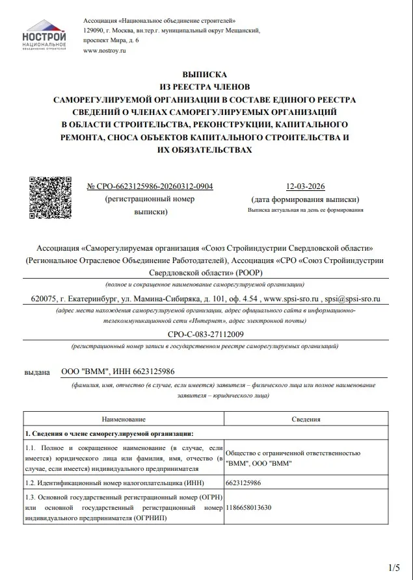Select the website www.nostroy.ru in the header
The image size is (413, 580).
(x=104, y=50)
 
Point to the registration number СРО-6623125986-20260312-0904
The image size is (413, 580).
(x=150, y=187)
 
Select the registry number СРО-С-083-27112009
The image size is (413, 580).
(x=205, y=334)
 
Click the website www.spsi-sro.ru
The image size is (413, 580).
(x=291, y=299)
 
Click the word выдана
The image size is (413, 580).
(x=36, y=372)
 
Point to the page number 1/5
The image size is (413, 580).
(x=394, y=567)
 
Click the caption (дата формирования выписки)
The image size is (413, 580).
(x=304, y=199)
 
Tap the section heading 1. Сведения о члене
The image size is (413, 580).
(x=109, y=434)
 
